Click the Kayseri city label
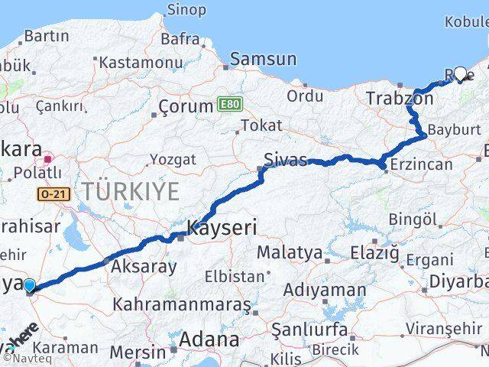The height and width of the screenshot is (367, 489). (222, 227)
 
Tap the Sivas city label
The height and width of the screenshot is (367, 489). (284, 161)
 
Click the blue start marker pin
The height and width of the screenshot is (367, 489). (29, 287)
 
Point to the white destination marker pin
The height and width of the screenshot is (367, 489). (460, 74)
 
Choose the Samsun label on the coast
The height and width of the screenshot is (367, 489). (263, 59)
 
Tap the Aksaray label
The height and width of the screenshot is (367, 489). (144, 267)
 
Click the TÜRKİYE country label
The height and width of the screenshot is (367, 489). (131, 191)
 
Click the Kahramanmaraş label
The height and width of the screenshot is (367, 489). (181, 304)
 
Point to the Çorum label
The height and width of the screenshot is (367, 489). (184, 106)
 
